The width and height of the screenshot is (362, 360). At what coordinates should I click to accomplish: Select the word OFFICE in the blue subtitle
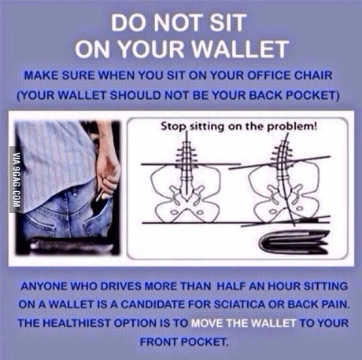[269, 75]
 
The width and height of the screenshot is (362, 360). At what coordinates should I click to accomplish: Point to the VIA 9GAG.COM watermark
[16, 180]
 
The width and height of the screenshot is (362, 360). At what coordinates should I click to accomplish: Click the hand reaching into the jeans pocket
[109, 173]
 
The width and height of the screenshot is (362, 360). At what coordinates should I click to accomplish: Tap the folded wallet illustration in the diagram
[294, 242]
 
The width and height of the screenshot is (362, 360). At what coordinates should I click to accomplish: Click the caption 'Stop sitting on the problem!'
[239, 127]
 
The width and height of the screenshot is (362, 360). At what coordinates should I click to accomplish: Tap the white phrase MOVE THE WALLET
[244, 323]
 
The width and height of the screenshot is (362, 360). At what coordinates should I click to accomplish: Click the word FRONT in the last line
[158, 342]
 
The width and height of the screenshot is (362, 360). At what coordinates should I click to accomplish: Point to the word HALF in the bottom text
[231, 286]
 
